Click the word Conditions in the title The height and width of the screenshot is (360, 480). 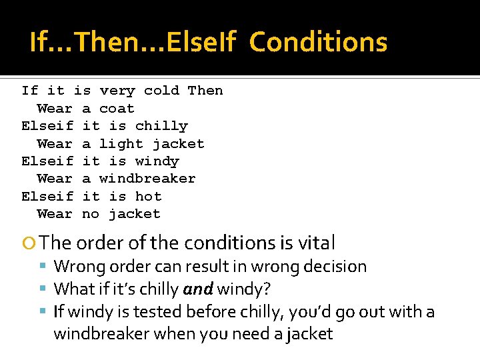click(x=318, y=43)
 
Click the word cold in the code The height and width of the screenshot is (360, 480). click(x=161, y=91)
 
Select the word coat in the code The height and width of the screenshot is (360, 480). click(x=117, y=109)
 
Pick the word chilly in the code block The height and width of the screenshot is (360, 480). click(x=161, y=126)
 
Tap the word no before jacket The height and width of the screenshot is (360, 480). click(x=91, y=214)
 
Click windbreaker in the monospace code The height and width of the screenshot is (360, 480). click(x=147, y=179)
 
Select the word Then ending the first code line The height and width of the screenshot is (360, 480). click(x=205, y=91)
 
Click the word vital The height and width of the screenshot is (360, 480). click(x=317, y=243)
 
